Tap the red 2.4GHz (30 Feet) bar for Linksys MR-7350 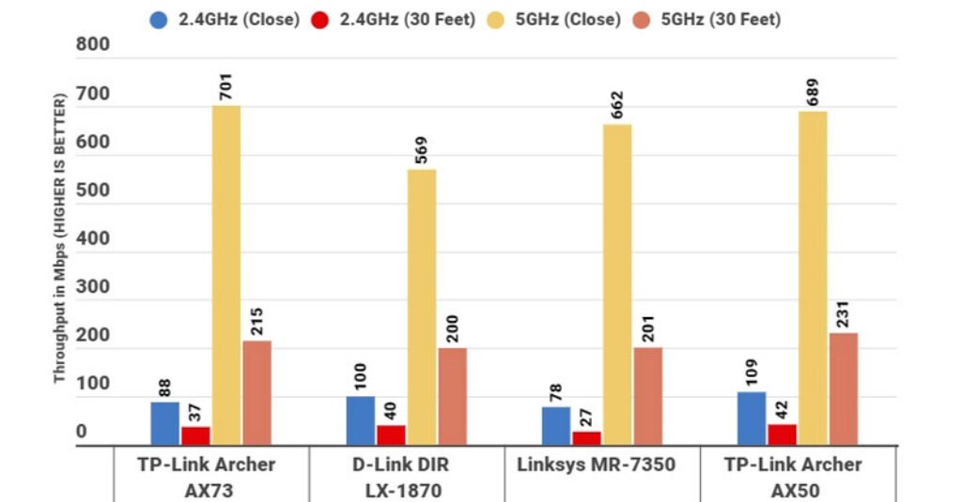click(586, 437)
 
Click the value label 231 click(844, 314)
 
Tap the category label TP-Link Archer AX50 click(793, 477)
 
